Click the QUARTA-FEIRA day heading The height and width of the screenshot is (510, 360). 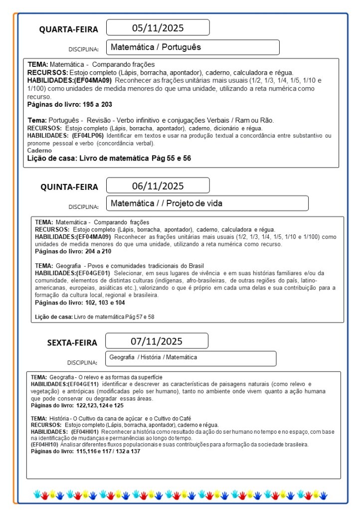pos(69,29)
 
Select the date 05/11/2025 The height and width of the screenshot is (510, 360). pos(158,27)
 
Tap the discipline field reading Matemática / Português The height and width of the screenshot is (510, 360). pos(192,47)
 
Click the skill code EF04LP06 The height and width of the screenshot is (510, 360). pos(88,135)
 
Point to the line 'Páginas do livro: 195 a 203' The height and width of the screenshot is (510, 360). pos(69,105)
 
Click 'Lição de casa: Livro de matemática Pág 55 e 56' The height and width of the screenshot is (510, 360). pos(109,158)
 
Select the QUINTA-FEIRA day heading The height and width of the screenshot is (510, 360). pos(69,187)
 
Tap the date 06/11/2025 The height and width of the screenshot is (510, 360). pos(158,186)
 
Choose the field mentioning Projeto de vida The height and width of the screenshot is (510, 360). pos(207,203)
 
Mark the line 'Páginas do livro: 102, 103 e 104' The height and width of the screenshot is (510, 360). pos(80,303)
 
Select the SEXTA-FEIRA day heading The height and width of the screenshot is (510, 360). pos(72,342)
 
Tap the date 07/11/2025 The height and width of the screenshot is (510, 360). pos(157,341)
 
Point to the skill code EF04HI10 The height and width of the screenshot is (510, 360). pos(44,444)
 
